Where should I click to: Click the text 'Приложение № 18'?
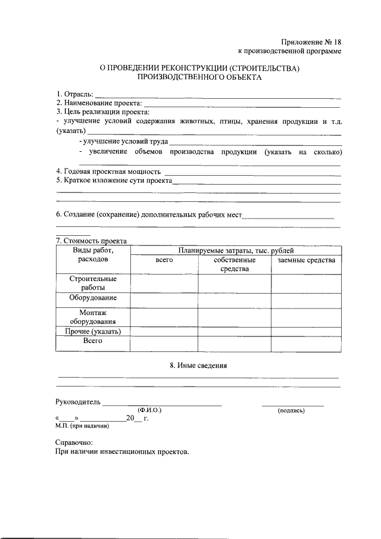pyautogui.click(x=311, y=42)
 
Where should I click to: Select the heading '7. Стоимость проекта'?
pyautogui.click(x=91, y=241)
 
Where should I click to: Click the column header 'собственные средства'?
pyautogui.click(x=235, y=264)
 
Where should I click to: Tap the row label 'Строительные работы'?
pyautogui.click(x=92, y=283)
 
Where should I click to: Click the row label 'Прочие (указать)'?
pyautogui.click(x=92, y=331)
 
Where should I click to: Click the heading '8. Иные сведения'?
pyautogui.click(x=198, y=366)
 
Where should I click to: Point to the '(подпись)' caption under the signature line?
pyautogui.click(x=291, y=410)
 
